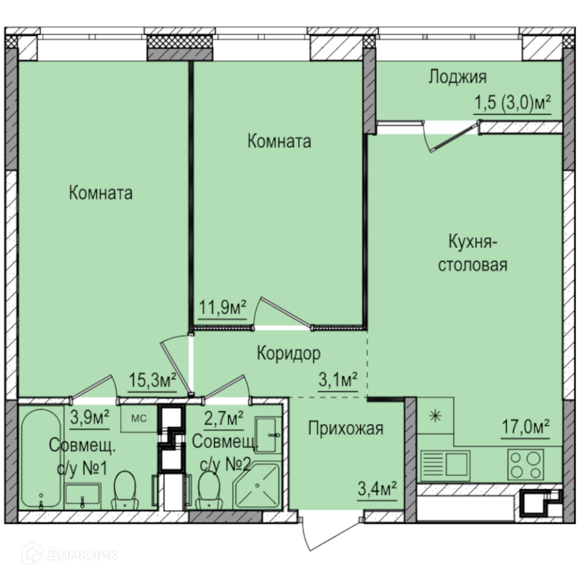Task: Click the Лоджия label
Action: coord(457,78)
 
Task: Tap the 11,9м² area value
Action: coord(223,307)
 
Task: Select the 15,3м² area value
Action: coord(152,380)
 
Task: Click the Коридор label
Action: coord(289,353)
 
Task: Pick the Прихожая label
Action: coord(346,428)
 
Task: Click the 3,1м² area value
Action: coord(338,380)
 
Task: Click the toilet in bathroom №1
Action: coord(125,490)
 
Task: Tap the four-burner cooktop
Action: coord(526,465)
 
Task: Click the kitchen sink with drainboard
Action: coord(445,465)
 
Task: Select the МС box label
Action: coord(139,419)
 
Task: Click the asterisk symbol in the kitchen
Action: coord(435,416)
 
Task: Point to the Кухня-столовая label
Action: coord(472,254)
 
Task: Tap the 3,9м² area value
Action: coord(90,419)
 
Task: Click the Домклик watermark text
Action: coord(82,554)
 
